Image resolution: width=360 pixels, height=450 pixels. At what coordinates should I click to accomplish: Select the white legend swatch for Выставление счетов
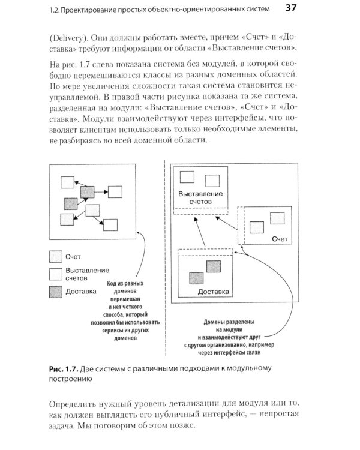[56, 274]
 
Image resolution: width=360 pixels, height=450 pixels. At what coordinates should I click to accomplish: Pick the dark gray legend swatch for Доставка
[56, 292]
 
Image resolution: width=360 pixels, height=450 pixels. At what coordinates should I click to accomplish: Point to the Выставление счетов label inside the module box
[200, 198]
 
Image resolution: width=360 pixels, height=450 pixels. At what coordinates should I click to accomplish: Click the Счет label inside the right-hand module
[280, 239]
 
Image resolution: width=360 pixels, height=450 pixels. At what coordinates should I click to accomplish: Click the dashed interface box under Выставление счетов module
[200, 211]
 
